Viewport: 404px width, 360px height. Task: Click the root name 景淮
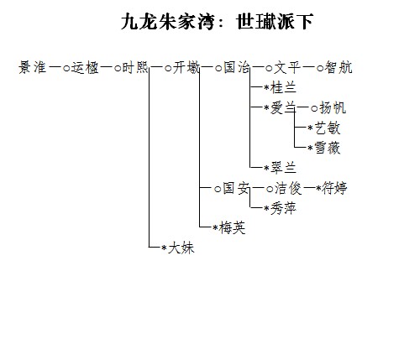pyautogui.click(x=33, y=67)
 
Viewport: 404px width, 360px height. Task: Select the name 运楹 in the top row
pyautogui.click(x=85, y=67)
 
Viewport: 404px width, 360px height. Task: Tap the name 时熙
pyautogui.click(x=135, y=67)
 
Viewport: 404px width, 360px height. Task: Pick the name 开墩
pyautogui.click(x=186, y=67)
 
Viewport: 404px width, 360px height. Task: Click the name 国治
pyautogui.click(x=237, y=67)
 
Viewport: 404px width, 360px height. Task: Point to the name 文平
pyautogui.click(x=287, y=67)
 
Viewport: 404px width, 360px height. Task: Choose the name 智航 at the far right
pyautogui.click(x=338, y=67)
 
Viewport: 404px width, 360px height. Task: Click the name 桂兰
pyautogui.click(x=283, y=87)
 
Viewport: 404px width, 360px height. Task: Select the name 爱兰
pyautogui.click(x=283, y=107)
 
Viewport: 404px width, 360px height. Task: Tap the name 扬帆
pyautogui.click(x=333, y=107)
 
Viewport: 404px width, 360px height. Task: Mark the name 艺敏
pyautogui.click(x=328, y=128)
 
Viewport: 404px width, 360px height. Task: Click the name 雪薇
pyautogui.click(x=328, y=148)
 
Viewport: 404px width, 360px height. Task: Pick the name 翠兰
pyautogui.click(x=283, y=168)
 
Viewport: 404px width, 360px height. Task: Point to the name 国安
pyautogui.click(x=236, y=188)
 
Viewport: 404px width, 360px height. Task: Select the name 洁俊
pyautogui.click(x=288, y=188)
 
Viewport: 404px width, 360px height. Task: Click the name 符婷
pyautogui.click(x=334, y=188)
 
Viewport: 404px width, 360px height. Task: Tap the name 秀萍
pyautogui.click(x=283, y=208)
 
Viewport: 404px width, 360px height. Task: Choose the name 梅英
pyautogui.click(x=232, y=228)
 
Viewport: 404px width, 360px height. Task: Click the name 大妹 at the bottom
pyautogui.click(x=181, y=248)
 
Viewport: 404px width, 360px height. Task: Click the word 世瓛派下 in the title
pyautogui.click(x=275, y=22)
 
